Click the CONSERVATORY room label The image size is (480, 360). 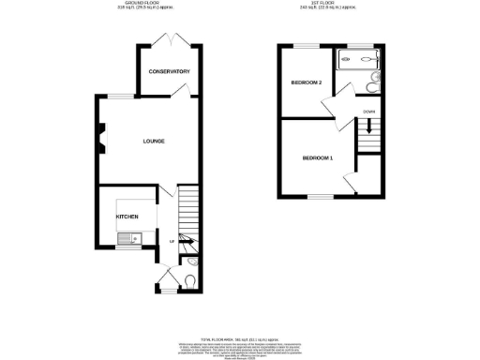point(169,72)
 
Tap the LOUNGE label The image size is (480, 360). point(154,142)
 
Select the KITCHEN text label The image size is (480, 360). point(127,216)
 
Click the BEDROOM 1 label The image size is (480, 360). point(318,157)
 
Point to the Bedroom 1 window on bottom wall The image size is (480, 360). point(319,196)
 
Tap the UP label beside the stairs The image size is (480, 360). point(172,243)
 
